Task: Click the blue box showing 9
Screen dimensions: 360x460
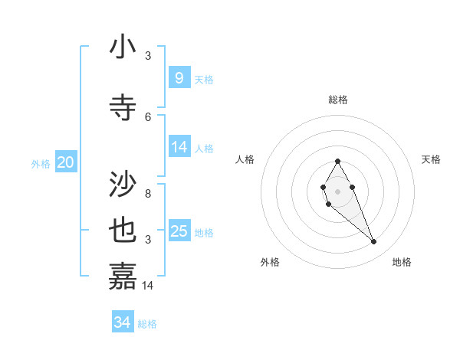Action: [179, 77]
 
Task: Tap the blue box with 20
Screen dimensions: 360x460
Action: [66, 162]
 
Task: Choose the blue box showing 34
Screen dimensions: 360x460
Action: [123, 322]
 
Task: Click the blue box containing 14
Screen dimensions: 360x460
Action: [179, 147]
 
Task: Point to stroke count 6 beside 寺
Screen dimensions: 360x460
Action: [148, 116]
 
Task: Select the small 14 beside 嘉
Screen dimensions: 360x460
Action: [149, 286]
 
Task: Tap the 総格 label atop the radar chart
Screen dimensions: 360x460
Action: [337, 100]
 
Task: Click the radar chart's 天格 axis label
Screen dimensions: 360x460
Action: [432, 159]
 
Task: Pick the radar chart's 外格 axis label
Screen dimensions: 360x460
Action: [270, 262]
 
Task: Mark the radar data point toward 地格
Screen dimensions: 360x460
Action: [373, 242]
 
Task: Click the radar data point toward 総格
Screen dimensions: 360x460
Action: [337, 162]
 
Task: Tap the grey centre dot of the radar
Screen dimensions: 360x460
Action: [337, 190]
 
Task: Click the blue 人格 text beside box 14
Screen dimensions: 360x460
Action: [204, 148]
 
